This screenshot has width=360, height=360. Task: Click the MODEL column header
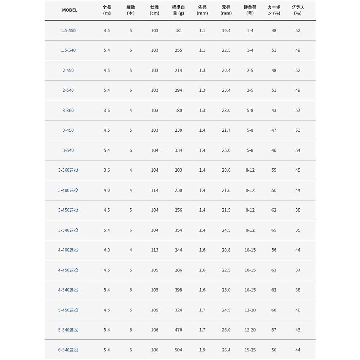[69, 10]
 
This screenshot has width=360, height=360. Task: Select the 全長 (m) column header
[107, 10]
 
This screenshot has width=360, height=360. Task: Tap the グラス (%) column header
[297, 10]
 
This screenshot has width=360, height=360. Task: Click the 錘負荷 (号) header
[250, 10]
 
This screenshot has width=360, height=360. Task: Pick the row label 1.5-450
[68, 31]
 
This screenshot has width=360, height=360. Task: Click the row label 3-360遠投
[68, 170]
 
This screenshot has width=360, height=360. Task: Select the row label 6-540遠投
[68, 350]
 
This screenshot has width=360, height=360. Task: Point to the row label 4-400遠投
[68, 250]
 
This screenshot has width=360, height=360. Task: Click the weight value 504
[178, 350]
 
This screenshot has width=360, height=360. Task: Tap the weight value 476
[178, 330]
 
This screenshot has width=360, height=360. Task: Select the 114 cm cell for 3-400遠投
[154, 190]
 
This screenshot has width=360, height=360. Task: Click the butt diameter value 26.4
[226, 350]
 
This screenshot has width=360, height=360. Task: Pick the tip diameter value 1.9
[202, 350]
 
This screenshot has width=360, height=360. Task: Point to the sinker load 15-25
[250, 350]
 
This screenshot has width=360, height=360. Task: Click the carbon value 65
[274, 230]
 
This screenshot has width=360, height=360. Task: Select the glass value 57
[298, 111]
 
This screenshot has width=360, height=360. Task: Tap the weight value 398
[178, 290]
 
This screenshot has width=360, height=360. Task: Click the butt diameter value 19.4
[226, 31]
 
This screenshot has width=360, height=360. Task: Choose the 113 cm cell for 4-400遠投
[154, 250]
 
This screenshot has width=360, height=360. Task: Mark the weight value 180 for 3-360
[178, 111]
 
